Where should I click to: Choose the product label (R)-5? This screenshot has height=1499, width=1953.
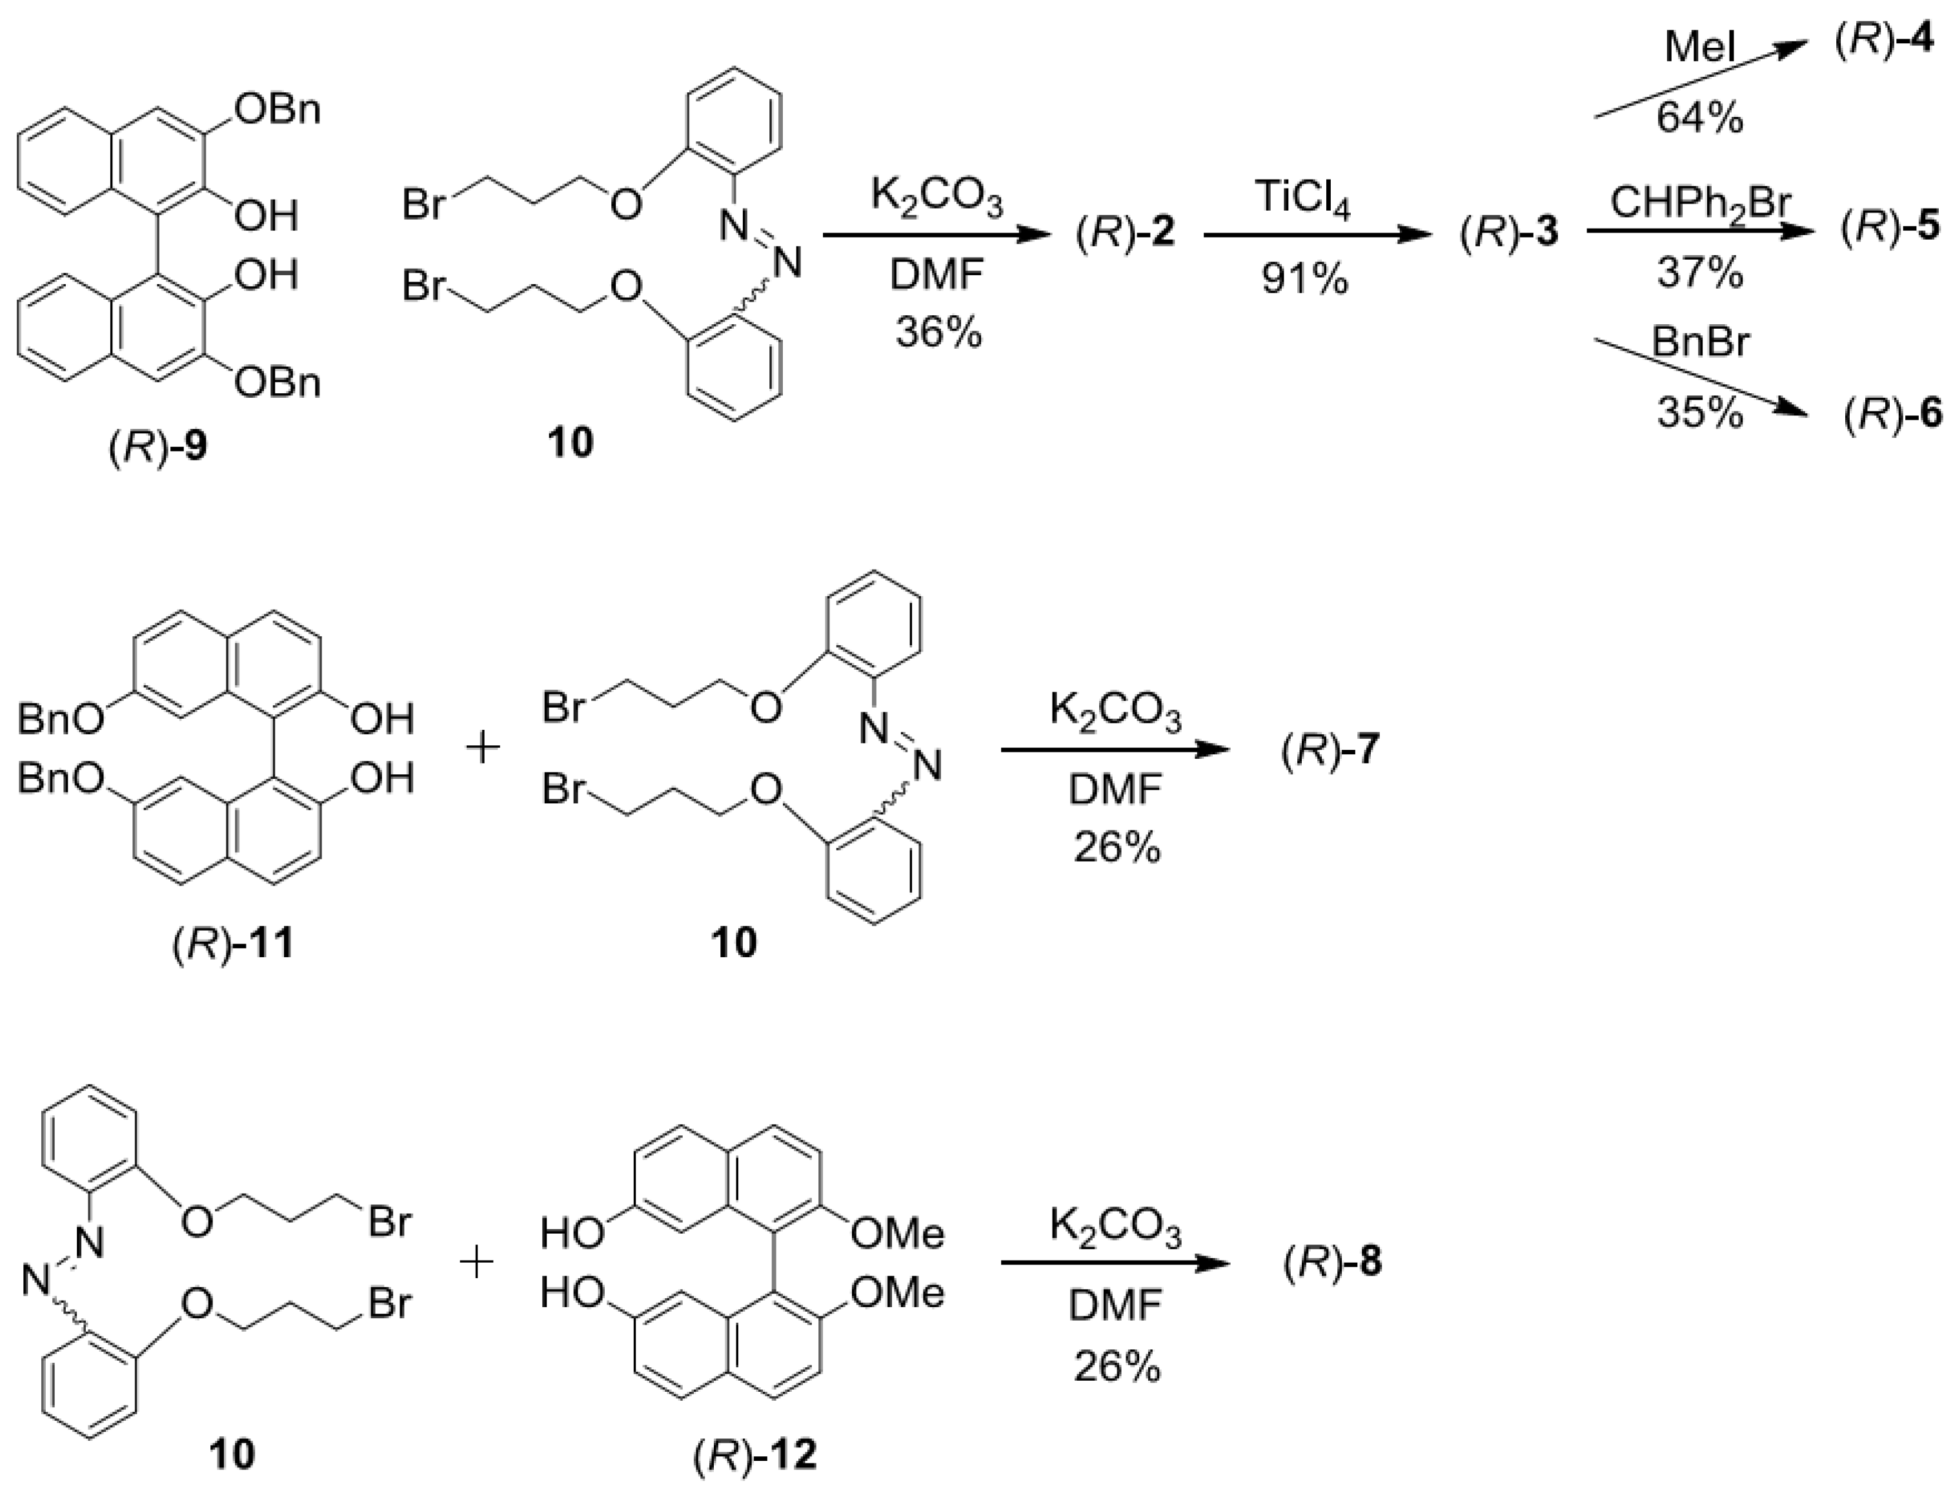(1890, 229)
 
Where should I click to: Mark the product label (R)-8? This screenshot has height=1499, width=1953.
(1332, 1263)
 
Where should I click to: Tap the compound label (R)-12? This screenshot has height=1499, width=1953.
(754, 1456)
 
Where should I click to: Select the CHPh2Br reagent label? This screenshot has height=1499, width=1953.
(1700, 203)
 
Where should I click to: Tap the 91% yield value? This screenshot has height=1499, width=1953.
(1304, 279)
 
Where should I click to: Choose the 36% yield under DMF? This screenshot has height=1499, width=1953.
(938, 334)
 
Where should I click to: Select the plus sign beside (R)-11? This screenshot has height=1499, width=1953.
(483, 748)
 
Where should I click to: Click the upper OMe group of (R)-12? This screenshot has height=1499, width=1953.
(897, 1234)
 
